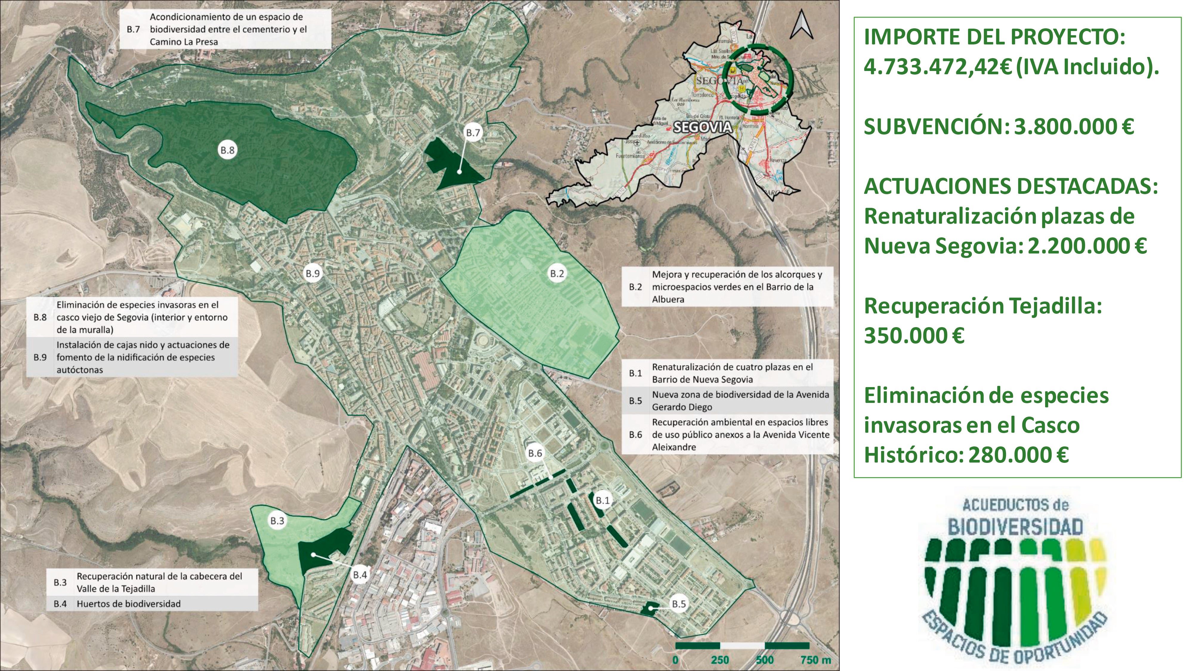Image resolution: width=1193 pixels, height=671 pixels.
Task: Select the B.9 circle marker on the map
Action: (x=313, y=274)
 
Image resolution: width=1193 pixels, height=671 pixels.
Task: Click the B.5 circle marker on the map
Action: (x=679, y=604)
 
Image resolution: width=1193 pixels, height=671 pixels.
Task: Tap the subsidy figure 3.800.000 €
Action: (x=1073, y=126)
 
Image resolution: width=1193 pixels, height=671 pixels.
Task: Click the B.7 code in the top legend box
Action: (x=133, y=30)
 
